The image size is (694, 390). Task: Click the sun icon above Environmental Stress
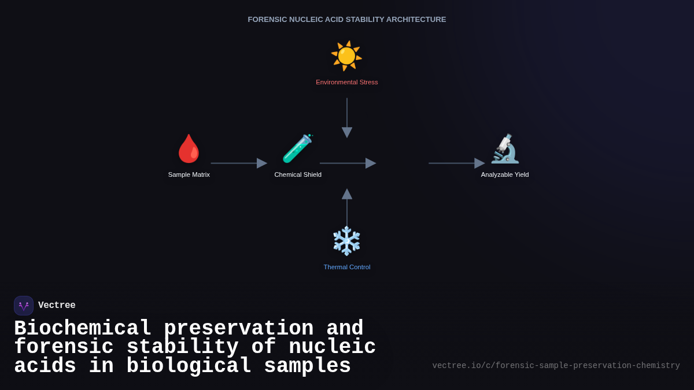[x=346, y=56]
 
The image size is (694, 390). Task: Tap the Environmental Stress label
[x=346, y=82]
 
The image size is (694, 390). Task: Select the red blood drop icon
[x=189, y=149]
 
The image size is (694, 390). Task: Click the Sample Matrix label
[x=189, y=174]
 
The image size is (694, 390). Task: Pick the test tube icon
[x=297, y=149]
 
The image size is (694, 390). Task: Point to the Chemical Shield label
[x=298, y=174]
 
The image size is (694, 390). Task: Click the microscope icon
[x=505, y=149]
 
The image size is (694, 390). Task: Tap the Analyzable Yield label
[x=505, y=174]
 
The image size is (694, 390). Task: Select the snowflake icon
[x=346, y=241]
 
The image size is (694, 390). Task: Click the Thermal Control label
[x=346, y=267]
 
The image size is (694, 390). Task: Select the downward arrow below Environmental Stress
[x=347, y=118]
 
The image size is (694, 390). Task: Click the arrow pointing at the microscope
[x=456, y=164]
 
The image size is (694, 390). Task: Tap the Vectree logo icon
[x=24, y=306]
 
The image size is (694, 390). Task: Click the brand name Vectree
[x=57, y=306]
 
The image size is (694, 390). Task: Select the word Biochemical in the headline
[x=83, y=329]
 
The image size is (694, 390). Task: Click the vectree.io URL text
[x=556, y=366]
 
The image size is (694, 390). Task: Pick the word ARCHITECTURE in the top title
[x=416, y=20]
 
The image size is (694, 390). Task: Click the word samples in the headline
[x=307, y=366]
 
